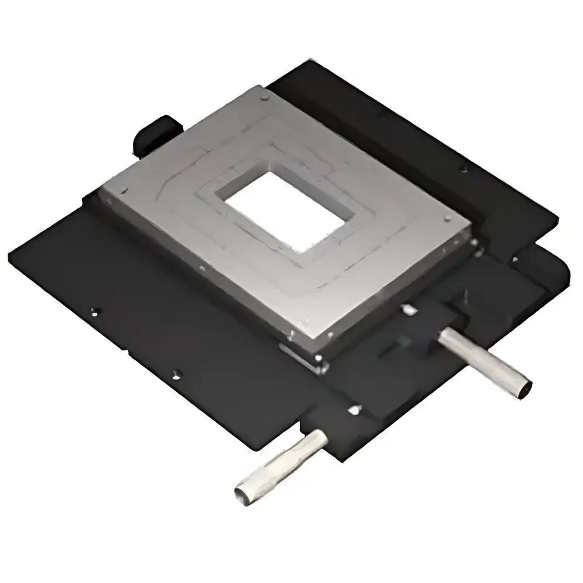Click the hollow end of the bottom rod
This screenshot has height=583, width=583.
coord(241,493)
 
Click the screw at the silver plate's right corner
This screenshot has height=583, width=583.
coord(447,219)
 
